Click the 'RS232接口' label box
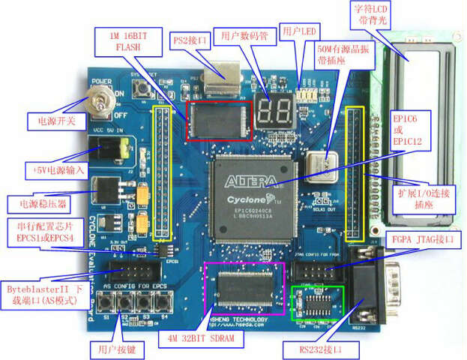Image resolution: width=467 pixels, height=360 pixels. tap(314, 349)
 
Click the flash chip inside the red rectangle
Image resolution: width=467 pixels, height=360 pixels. tap(219, 118)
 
